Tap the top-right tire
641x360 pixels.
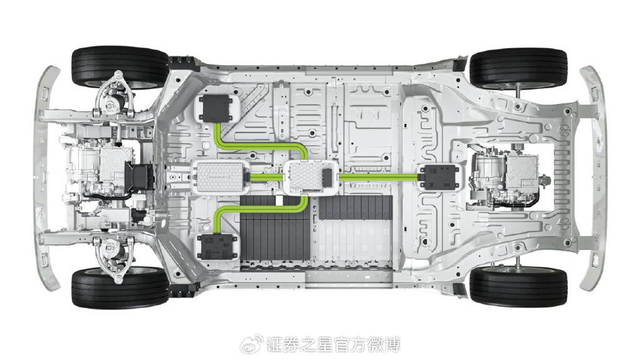(518, 69)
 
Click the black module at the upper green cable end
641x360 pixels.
(215, 108)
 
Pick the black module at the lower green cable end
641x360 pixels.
(217, 246)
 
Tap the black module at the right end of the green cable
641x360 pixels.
(439, 177)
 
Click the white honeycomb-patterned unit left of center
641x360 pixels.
(220, 177)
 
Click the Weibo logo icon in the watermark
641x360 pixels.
(252, 344)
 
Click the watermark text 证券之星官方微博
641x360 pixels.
(333, 344)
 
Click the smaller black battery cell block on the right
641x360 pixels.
(356, 207)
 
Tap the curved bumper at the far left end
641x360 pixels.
(46, 178)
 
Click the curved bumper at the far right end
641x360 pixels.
(593, 178)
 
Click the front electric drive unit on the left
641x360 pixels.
(107, 174)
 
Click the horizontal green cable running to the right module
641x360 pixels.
(379, 177)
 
